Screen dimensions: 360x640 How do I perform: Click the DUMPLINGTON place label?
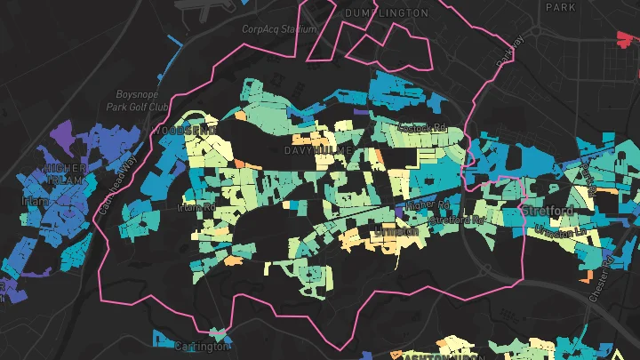(386, 13)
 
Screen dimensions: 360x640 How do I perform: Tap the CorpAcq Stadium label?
(280, 29)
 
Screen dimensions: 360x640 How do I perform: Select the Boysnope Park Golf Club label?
(142, 100)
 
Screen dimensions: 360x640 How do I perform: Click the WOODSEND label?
(183, 131)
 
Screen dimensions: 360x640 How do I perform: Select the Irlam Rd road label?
(196, 208)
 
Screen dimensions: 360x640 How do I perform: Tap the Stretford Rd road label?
(456, 220)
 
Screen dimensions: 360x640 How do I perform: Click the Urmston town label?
(396, 230)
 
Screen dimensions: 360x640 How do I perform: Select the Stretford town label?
(546, 211)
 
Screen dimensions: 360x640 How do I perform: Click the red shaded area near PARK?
(628, 36)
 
